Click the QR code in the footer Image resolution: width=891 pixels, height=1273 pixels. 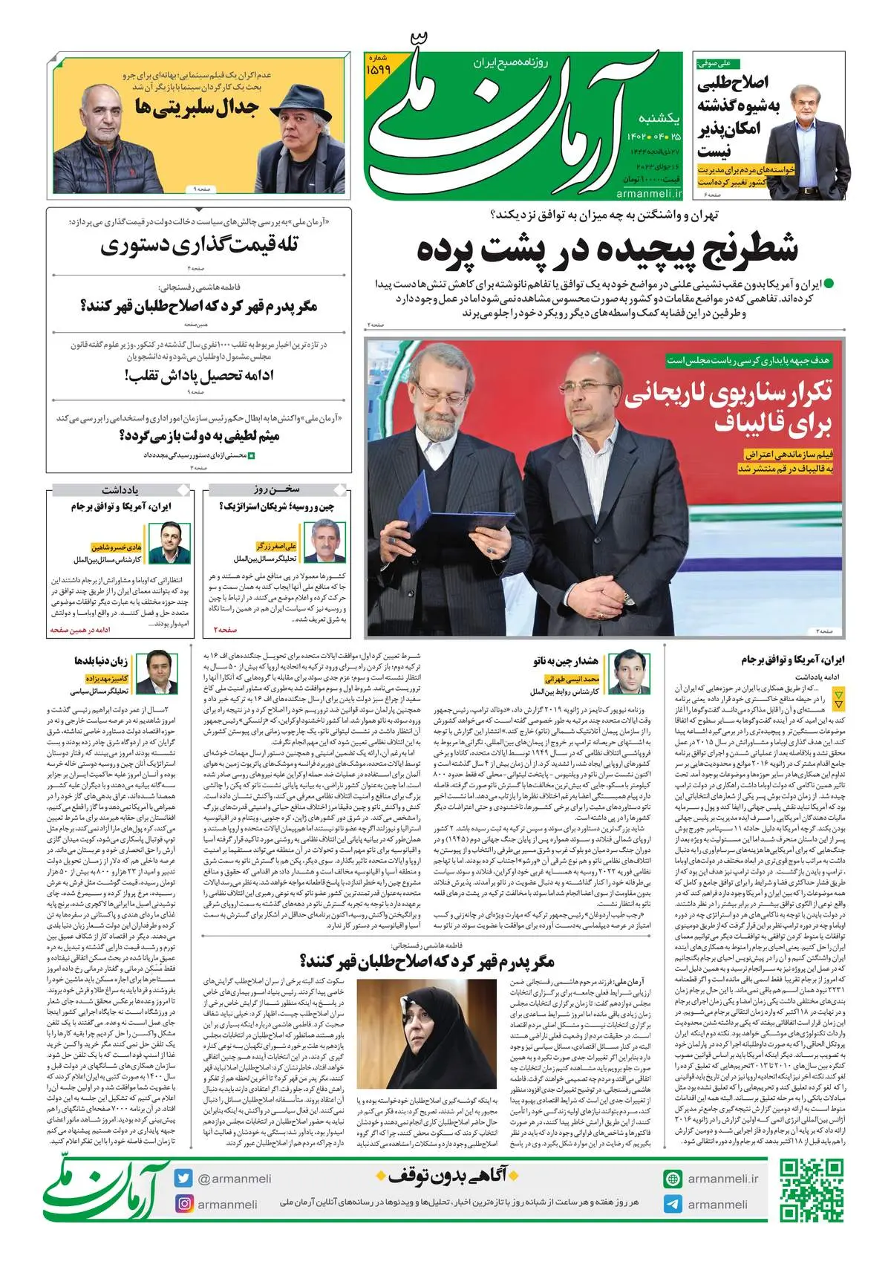click(x=812, y=1190)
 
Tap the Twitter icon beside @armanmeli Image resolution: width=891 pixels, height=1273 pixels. click(x=183, y=1178)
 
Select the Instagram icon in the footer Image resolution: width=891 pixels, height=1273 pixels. click(x=183, y=1204)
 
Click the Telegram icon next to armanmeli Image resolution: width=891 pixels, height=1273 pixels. click(x=673, y=1204)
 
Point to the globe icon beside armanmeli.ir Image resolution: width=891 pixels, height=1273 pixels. click(x=673, y=1179)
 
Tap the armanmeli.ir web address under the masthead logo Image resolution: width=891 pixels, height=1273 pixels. click(x=648, y=193)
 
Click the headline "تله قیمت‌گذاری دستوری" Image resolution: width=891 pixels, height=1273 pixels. click(x=199, y=246)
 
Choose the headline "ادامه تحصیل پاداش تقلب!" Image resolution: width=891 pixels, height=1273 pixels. click(x=199, y=375)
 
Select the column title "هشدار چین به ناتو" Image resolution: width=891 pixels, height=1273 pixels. click(x=566, y=660)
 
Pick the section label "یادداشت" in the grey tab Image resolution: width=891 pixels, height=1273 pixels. click(x=120, y=490)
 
